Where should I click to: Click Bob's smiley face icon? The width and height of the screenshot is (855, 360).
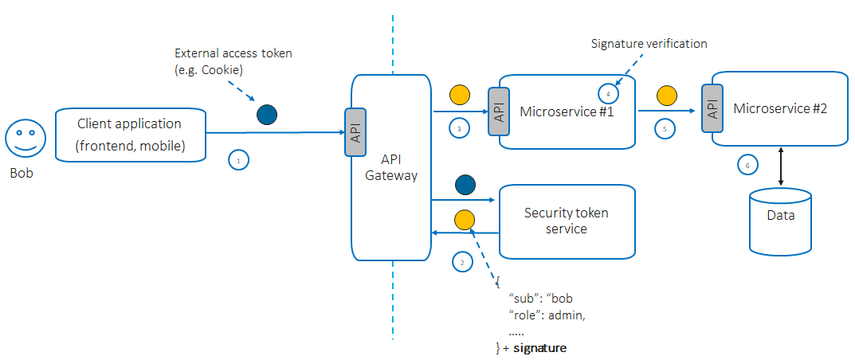pyautogui.click(x=22, y=139)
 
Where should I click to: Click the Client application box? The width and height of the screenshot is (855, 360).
pyautogui.click(x=130, y=135)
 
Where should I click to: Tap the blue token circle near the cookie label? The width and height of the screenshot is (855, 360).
pyautogui.click(x=266, y=115)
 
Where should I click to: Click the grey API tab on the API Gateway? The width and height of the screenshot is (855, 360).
pyautogui.click(x=355, y=131)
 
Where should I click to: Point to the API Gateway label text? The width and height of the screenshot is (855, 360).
pyautogui.click(x=391, y=168)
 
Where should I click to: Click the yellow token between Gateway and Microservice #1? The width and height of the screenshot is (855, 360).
pyautogui.click(x=461, y=96)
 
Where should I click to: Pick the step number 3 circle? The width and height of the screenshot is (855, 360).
pyautogui.click(x=459, y=127)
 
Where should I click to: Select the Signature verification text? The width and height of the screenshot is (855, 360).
pyautogui.click(x=649, y=44)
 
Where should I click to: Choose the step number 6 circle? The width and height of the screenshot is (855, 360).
pyautogui.click(x=746, y=165)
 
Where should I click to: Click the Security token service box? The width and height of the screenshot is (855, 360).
pyautogui.click(x=567, y=221)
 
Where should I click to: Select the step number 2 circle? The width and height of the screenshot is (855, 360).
pyautogui.click(x=461, y=260)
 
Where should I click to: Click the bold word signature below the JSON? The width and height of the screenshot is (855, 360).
pyautogui.click(x=539, y=349)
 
